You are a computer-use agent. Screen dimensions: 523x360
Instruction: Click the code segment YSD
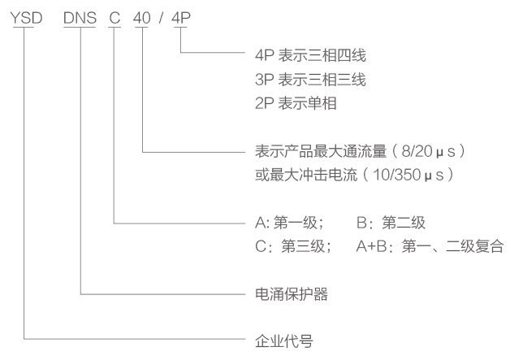(26, 18)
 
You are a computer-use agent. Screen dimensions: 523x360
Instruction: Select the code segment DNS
(80, 18)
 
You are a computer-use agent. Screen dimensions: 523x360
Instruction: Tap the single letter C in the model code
(115, 18)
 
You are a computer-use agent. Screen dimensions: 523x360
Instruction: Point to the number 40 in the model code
(142, 18)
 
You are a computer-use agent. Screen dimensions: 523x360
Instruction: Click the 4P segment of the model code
(181, 18)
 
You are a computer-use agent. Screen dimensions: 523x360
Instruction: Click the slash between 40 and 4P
(162, 18)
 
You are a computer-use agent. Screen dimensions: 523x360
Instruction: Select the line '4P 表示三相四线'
(310, 55)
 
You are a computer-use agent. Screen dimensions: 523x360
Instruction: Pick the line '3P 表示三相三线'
(310, 80)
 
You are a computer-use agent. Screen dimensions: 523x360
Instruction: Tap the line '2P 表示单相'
(296, 103)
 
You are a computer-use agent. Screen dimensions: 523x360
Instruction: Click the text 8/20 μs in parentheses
(428, 151)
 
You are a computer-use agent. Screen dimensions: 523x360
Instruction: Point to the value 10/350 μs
(408, 175)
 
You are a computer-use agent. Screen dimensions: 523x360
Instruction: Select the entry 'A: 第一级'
(289, 223)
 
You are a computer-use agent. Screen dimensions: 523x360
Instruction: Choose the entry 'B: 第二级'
(391, 223)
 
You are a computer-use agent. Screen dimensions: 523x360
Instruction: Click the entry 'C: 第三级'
(293, 246)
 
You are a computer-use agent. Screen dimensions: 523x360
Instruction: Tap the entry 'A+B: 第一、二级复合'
(430, 246)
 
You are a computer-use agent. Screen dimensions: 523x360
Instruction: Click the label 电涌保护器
(292, 294)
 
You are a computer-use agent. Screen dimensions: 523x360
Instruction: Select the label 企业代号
(284, 341)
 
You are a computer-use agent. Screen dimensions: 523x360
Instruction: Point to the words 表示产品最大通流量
(321, 151)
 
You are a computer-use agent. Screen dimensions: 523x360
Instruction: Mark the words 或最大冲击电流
(306, 175)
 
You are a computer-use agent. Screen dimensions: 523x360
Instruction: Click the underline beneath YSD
(24, 27)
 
